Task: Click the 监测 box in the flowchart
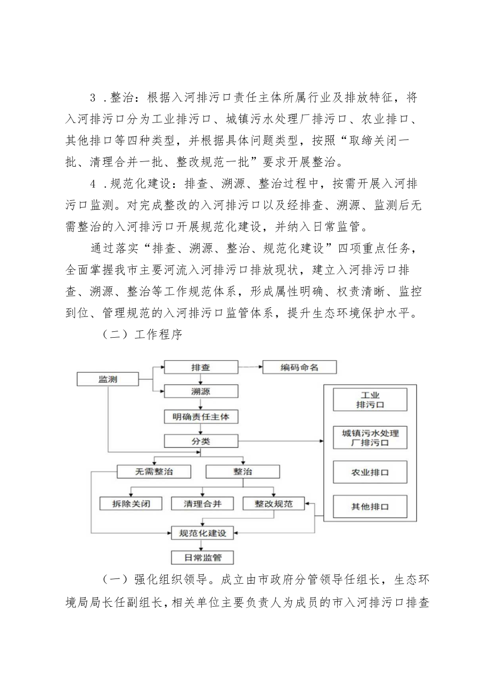coord(108,379)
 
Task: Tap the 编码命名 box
coord(300,367)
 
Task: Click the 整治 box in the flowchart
coord(242,471)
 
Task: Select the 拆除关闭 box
coord(131,503)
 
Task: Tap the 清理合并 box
coord(202,503)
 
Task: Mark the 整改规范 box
coord(273,503)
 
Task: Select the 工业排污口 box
coord(370,400)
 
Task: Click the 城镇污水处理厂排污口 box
coord(370,437)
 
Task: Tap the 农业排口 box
coord(370,472)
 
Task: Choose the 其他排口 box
coord(370,507)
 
